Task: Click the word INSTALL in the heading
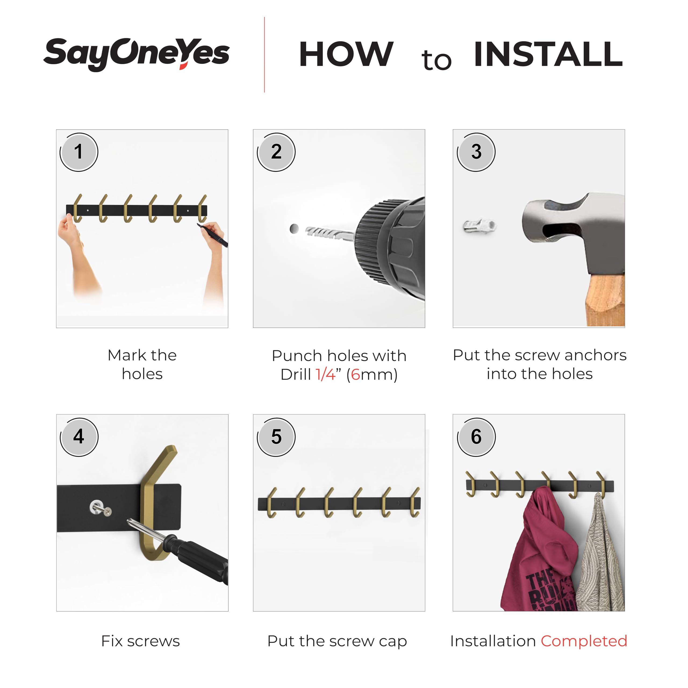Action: coord(549,54)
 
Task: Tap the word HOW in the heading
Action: coord(346,54)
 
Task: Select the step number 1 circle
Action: coord(79,152)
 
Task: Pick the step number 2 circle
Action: coord(276,152)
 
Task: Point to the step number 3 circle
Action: coord(476,152)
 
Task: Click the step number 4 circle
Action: coord(79,437)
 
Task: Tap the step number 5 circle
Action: coord(276,437)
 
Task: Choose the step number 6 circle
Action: coord(476,437)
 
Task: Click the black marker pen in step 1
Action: coord(213,235)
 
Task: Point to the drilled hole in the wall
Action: coord(294,229)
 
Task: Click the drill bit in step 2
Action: coord(329,233)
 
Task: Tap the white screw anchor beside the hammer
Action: coord(480,226)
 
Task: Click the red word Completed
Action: coord(584,641)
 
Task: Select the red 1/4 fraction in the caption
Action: coord(325,375)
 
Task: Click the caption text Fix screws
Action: coord(141,641)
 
